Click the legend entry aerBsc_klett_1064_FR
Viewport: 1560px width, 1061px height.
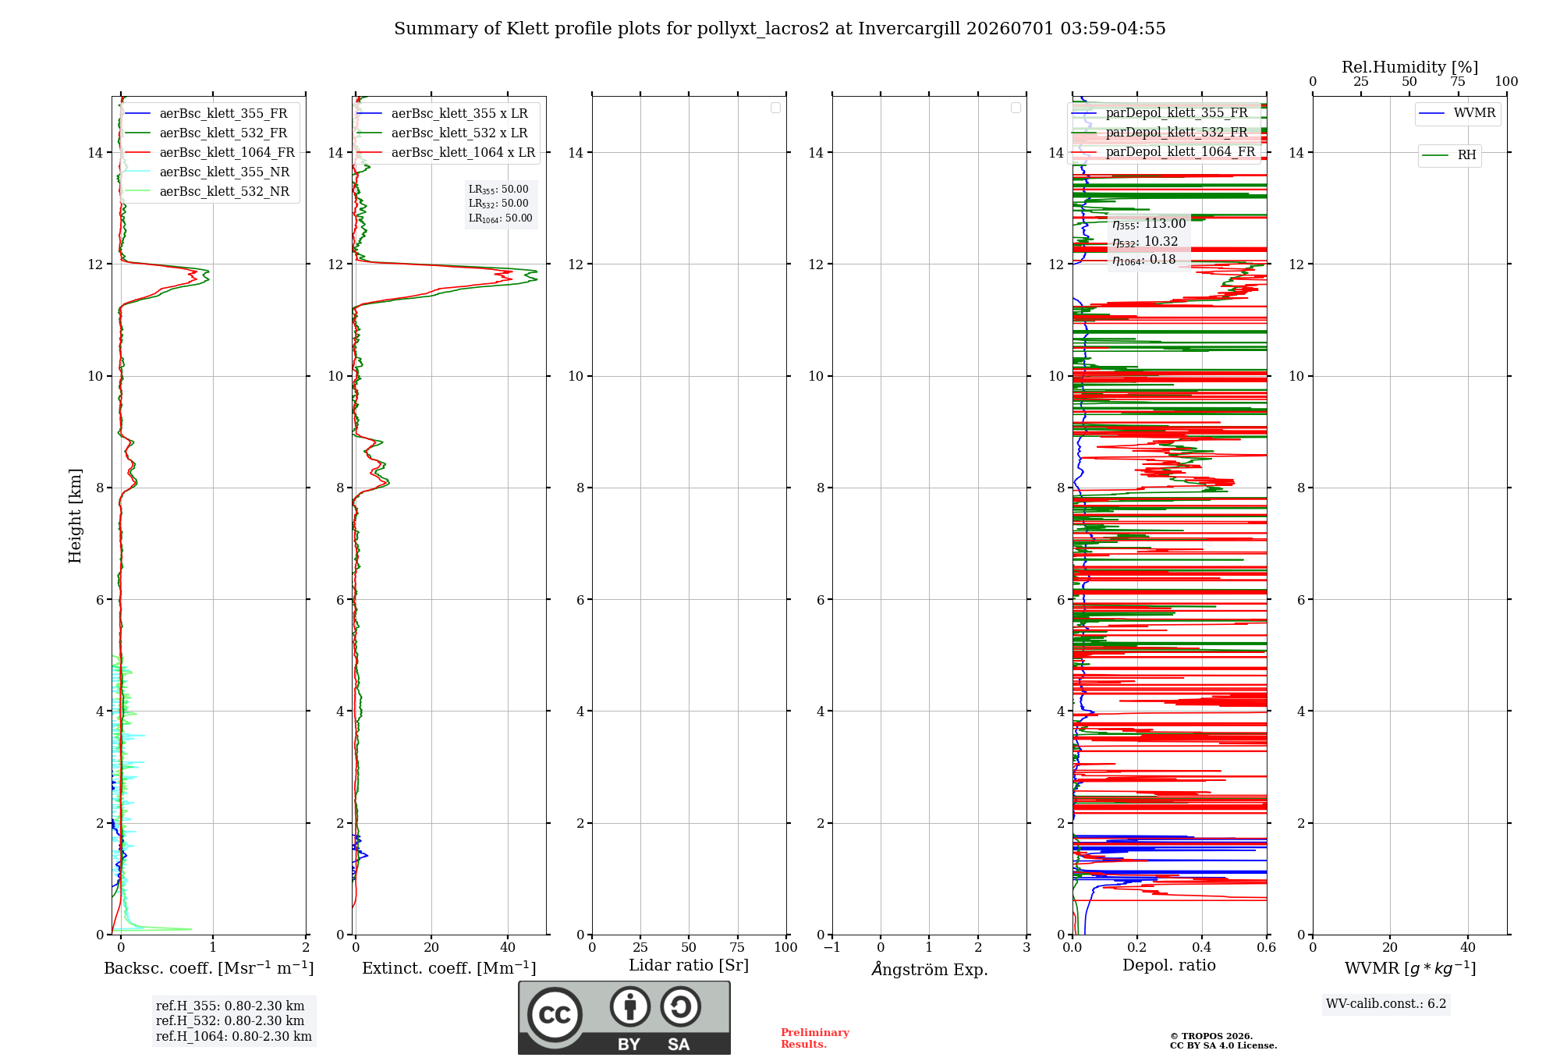(210, 152)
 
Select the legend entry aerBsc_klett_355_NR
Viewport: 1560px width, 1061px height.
(207, 172)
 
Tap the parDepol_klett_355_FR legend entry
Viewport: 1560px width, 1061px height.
(1160, 113)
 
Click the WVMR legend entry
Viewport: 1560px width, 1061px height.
(1457, 113)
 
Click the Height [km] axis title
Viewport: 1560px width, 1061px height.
(75, 516)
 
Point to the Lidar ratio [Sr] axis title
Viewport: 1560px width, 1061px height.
(689, 965)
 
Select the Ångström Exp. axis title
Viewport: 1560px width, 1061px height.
(930, 969)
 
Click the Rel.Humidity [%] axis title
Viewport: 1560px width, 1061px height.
(1410, 67)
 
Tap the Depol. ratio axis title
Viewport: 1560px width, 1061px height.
(1169, 965)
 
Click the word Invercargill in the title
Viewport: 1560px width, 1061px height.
(909, 29)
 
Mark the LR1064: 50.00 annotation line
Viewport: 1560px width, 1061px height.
(501, 218)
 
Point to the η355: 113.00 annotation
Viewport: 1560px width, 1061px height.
(1149, 224)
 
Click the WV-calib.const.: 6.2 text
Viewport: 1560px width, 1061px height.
(1386, 1004)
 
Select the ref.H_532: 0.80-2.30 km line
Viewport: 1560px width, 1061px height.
(230, 1021)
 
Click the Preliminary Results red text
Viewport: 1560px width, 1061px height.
(815, 1038)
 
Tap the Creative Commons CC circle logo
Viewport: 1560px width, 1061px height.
(555, 1015)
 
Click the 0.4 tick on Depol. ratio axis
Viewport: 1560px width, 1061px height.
(1202, 948)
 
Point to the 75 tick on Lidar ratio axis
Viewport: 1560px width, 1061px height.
(737, 948)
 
